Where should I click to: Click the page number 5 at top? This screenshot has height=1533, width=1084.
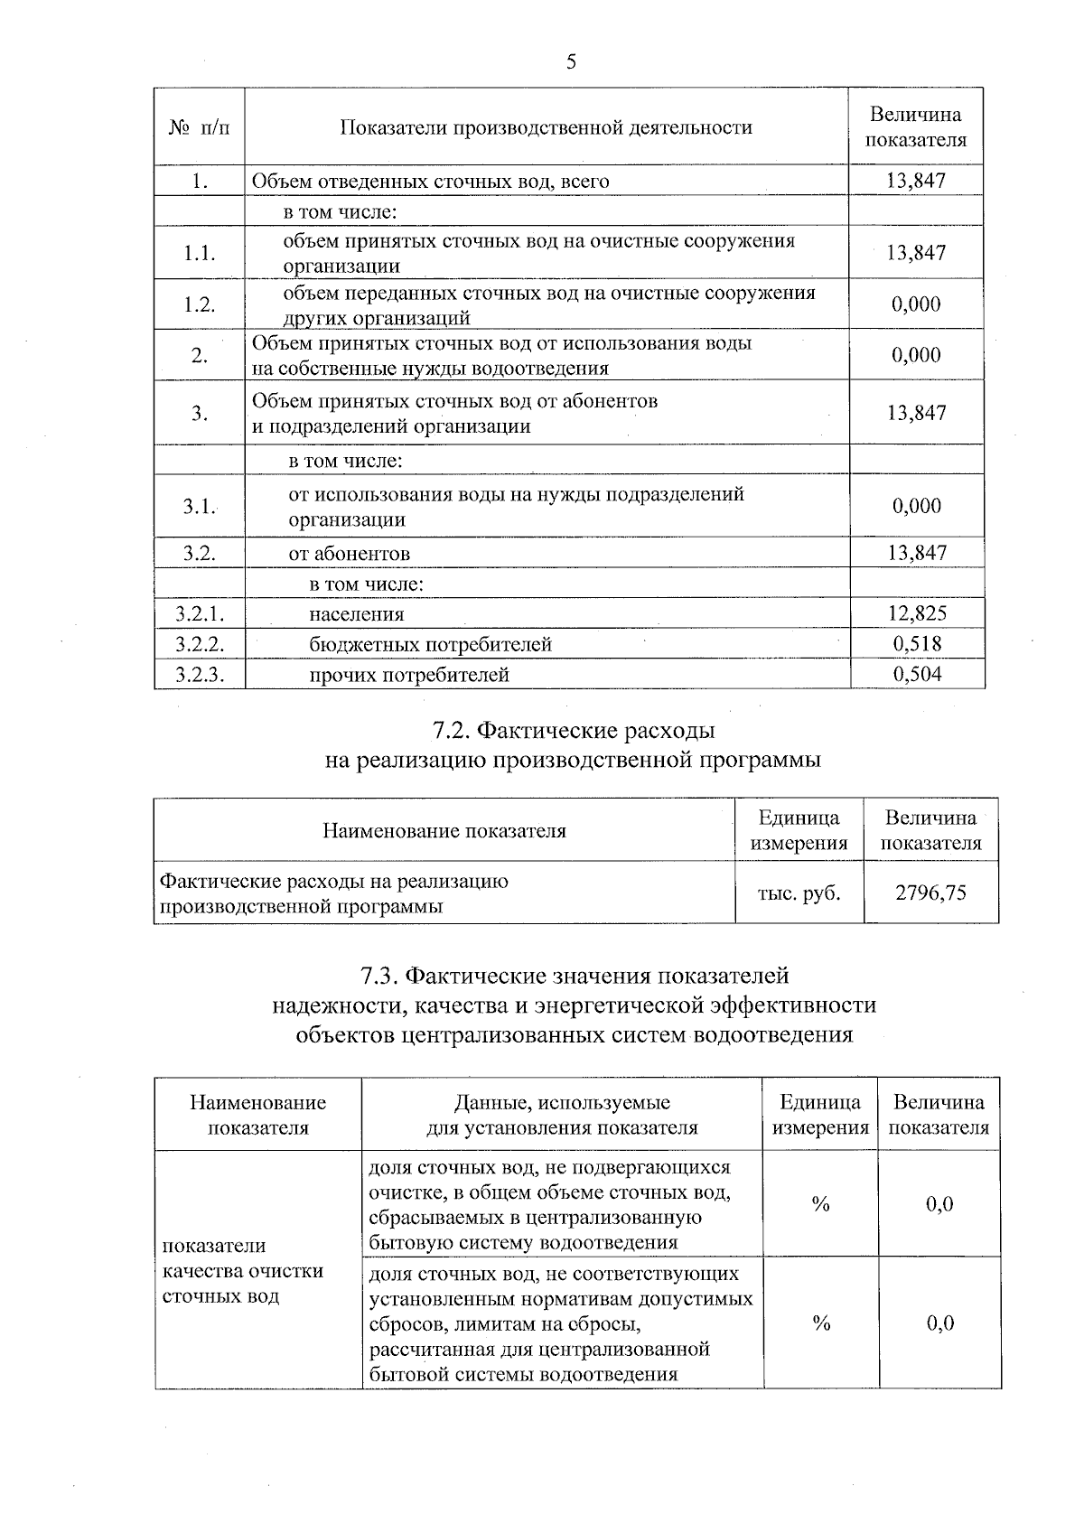pyautogui.click(x=570, y=61)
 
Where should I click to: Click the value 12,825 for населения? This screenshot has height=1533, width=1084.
pyautogui.click(x=917, y=614)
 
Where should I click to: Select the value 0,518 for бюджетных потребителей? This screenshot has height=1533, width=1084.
pyautogui.click(x=917, y=644)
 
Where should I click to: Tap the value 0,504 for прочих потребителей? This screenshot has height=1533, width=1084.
pyautogui.click(x=917, y=675)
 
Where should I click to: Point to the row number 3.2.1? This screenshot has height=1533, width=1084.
pyautogui.click(x=200, y=614)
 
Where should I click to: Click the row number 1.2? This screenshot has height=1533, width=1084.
pyautogui.click(x=200, y=304)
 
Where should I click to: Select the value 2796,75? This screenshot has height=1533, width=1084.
pyautogui.click(x=930, y=893)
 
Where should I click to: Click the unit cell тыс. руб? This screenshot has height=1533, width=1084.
pyautogui.click(x=799, y=893)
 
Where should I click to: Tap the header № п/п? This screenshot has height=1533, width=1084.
pyautogui.click(x=200, y=127)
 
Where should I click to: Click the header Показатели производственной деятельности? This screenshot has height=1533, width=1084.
pyautogui.click(x=546, y=127)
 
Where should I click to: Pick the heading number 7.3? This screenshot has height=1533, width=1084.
pyautogui.click(x=378, y=977)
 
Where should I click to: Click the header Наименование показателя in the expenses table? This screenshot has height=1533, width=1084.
pyautogui.click(x=444, y=830)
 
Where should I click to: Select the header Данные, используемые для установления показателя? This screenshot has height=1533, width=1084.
pyautogui.click(x=562, y=1115)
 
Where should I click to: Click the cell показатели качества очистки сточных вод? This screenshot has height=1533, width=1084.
pyautogui.click(x=242, y=1271)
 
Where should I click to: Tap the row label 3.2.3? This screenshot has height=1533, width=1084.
pyautogui.click(x=200, y=675)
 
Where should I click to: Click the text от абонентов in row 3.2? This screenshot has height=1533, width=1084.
pyautogui.click(x=349, y=553)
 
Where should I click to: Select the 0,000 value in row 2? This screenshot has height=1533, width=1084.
pyautogui.click(x=917, y=355)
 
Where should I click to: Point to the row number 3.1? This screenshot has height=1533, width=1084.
pyautogui.click(x=198, y=506)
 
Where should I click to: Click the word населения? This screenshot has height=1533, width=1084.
pyautogui.click(x=356, y=614)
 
